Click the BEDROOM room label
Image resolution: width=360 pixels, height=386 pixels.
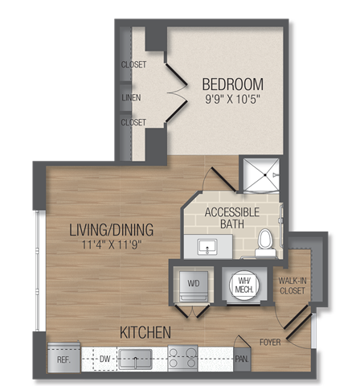tap(232, 84)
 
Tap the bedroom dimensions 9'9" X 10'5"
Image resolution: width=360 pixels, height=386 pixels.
tap(232, 101)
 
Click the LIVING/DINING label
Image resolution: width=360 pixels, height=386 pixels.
tap(111, 229)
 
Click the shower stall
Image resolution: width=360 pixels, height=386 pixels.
tap(260, 175)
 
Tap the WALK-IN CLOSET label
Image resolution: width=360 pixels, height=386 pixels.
tap(292, 285)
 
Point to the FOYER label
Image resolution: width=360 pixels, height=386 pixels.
tap(271, 340)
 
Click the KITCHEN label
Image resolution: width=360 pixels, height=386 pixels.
tap(145, 331)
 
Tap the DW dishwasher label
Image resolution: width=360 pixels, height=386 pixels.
tap(104, 359)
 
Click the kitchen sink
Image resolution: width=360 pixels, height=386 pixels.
tap(136, 358)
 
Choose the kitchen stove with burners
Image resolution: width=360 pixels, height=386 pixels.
tap(183, 358)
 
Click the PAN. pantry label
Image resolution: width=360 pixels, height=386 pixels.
tap(241, 359)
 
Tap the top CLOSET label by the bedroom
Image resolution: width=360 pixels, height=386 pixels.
tap(133, 65)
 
